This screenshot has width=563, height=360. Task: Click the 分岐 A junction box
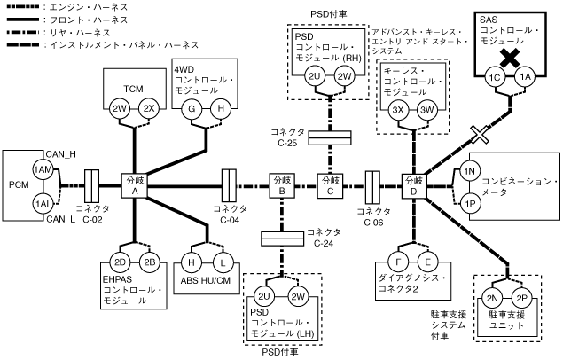tap(135, 185)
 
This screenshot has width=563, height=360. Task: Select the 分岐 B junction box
tap(281, 185)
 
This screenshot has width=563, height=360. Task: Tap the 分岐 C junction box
tap(331, 185)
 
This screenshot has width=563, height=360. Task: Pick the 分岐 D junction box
tap(413, 185)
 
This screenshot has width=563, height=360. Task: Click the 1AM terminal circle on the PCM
tap(41, 169)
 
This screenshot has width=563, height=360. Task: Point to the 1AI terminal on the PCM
tap(41, 203)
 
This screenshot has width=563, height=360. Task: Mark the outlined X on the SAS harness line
tap(481, 134)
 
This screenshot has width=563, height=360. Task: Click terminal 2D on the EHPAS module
tap(121, 262)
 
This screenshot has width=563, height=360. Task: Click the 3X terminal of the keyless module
tap(397, 109)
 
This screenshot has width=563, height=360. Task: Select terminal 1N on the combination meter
tap(471, 168)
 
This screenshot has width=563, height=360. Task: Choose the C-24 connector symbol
tap(281, 237)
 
